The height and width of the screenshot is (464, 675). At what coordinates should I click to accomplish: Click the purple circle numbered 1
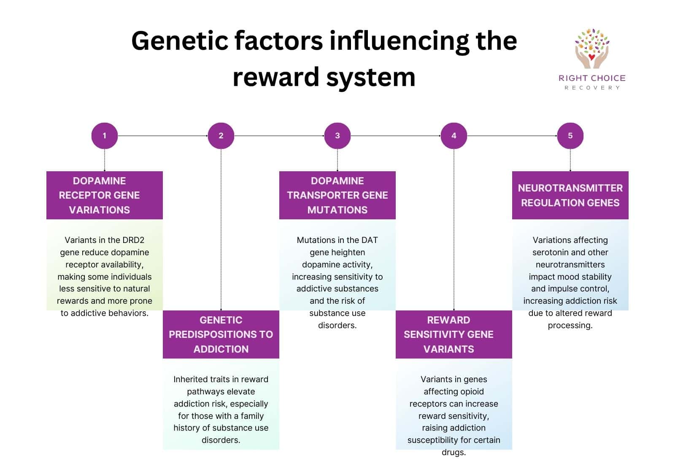(104, 136)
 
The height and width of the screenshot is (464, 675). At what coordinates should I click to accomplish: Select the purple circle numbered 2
(221, 136)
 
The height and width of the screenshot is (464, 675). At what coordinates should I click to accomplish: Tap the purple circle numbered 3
(337, 136)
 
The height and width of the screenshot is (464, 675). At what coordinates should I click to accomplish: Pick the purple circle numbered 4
(454, 136)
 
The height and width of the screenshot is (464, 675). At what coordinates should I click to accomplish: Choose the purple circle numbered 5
(570, 136)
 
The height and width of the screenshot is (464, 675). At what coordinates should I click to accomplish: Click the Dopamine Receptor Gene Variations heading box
(104, 195)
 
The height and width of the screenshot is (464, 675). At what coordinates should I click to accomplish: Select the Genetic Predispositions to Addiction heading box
(221, 335)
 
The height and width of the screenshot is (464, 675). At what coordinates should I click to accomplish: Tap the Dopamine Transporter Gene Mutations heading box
(337, 195)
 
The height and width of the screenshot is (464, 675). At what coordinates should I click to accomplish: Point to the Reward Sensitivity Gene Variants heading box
(454, 335)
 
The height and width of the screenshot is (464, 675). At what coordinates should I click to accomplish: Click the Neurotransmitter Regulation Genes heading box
(570, 195)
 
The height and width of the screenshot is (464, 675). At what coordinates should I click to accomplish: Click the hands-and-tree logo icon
(591, 49)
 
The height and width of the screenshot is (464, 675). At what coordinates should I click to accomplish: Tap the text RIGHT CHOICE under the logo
(591, 78)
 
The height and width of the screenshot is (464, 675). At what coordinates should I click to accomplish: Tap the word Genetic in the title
(179, 41)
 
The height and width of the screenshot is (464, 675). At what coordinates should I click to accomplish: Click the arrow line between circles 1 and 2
(162, 136)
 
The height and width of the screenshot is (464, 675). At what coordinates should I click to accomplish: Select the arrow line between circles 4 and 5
(512, 136)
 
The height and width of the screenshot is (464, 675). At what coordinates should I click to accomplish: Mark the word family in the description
(252, 416)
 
